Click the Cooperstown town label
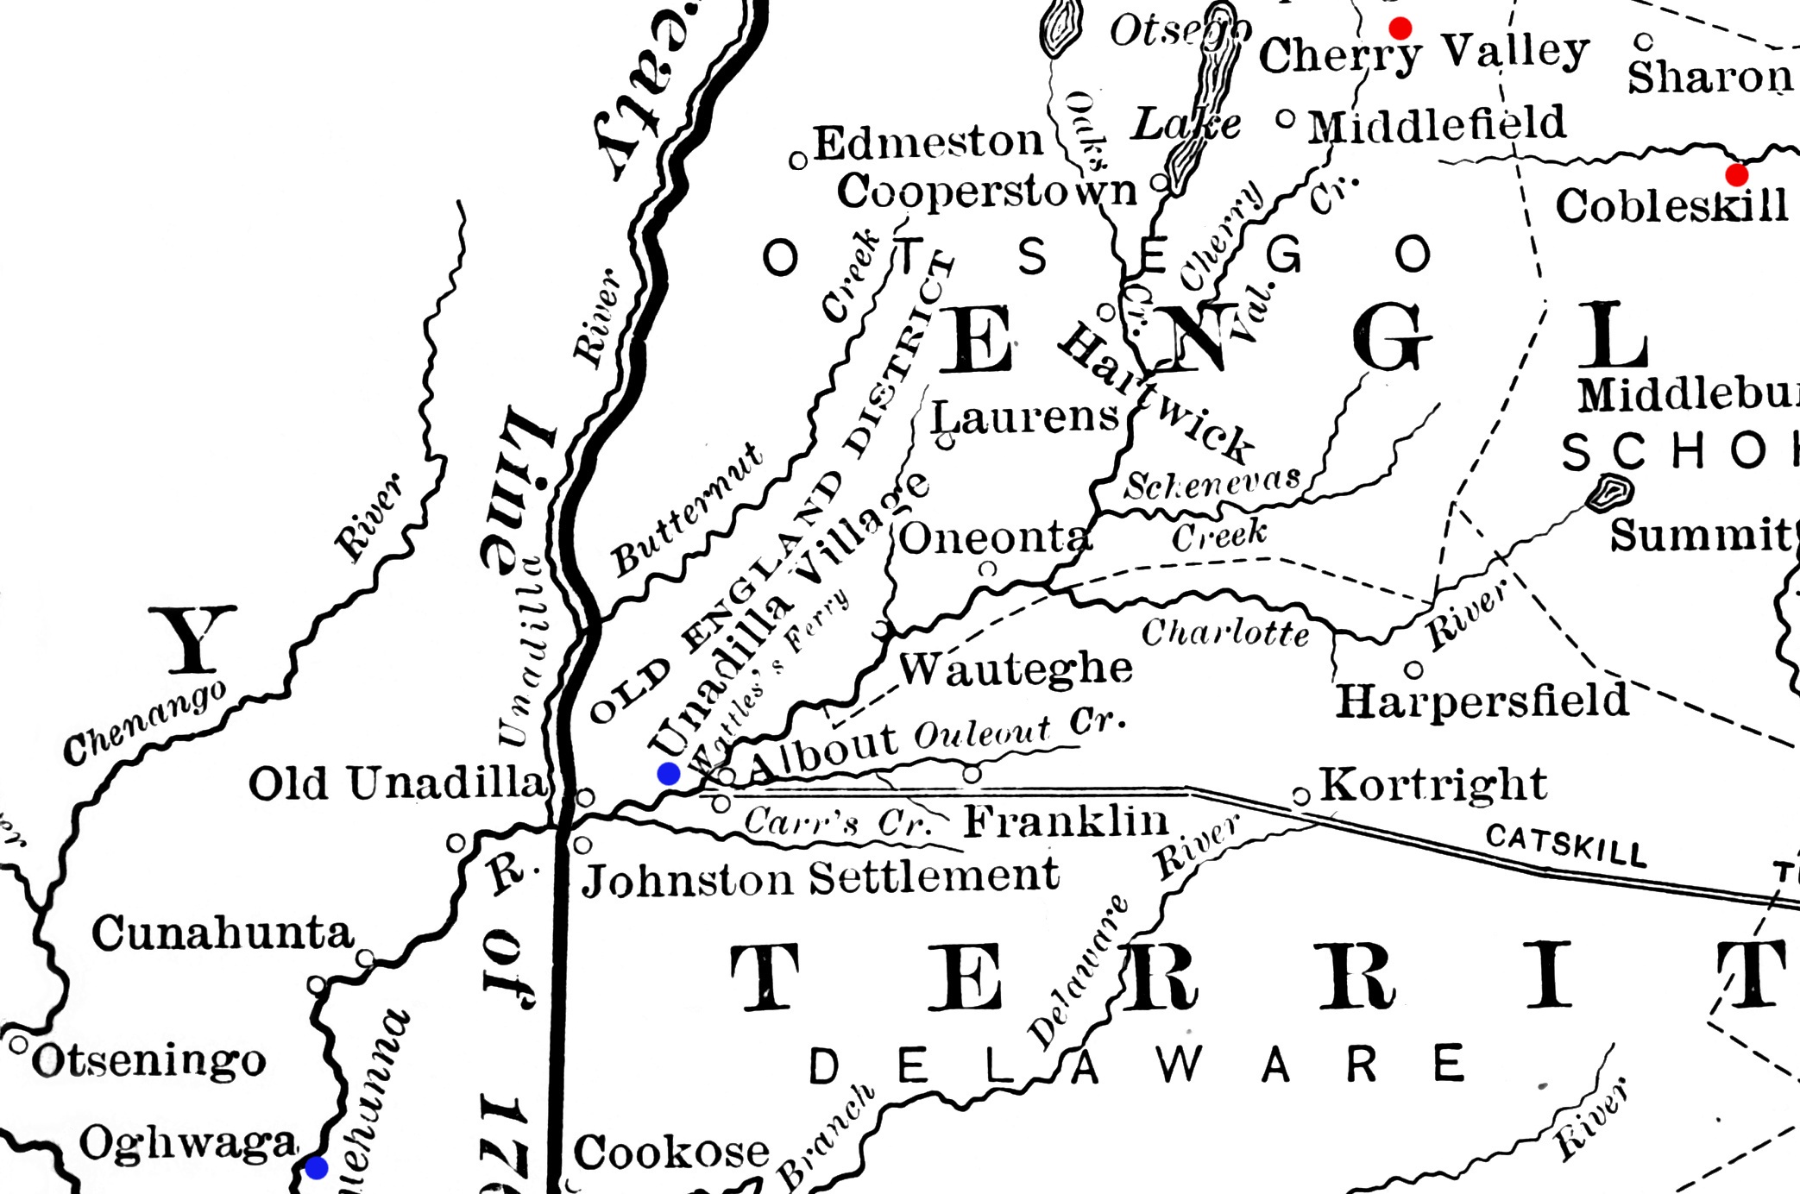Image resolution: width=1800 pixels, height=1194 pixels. (986, 192)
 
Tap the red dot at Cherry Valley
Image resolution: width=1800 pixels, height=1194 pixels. (1400, 28)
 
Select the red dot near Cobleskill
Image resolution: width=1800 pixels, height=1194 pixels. (1736, 175)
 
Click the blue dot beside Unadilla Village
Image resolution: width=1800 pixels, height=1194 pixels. (669, 774)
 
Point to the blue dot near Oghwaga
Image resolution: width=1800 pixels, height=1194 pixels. (317, 1168)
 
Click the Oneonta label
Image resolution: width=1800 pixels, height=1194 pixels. (995, 538)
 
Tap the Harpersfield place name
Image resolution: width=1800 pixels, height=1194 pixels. (1482, 701)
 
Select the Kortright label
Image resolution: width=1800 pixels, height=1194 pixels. (1433, 784)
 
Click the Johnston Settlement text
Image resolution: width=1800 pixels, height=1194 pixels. (820, 878)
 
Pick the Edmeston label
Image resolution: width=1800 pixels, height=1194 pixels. (928, 142)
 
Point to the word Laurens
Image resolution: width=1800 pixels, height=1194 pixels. (1025, 418)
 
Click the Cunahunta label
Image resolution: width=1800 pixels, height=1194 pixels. (223, 933)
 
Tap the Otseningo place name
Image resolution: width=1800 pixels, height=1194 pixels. (148, 1060)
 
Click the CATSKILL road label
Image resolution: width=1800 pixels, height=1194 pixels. (1566, 845)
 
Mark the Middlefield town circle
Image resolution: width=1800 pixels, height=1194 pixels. (1286, 118)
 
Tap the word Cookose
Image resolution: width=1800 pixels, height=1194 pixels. (671, 1152)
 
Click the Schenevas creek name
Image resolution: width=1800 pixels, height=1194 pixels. (1212, 484)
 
